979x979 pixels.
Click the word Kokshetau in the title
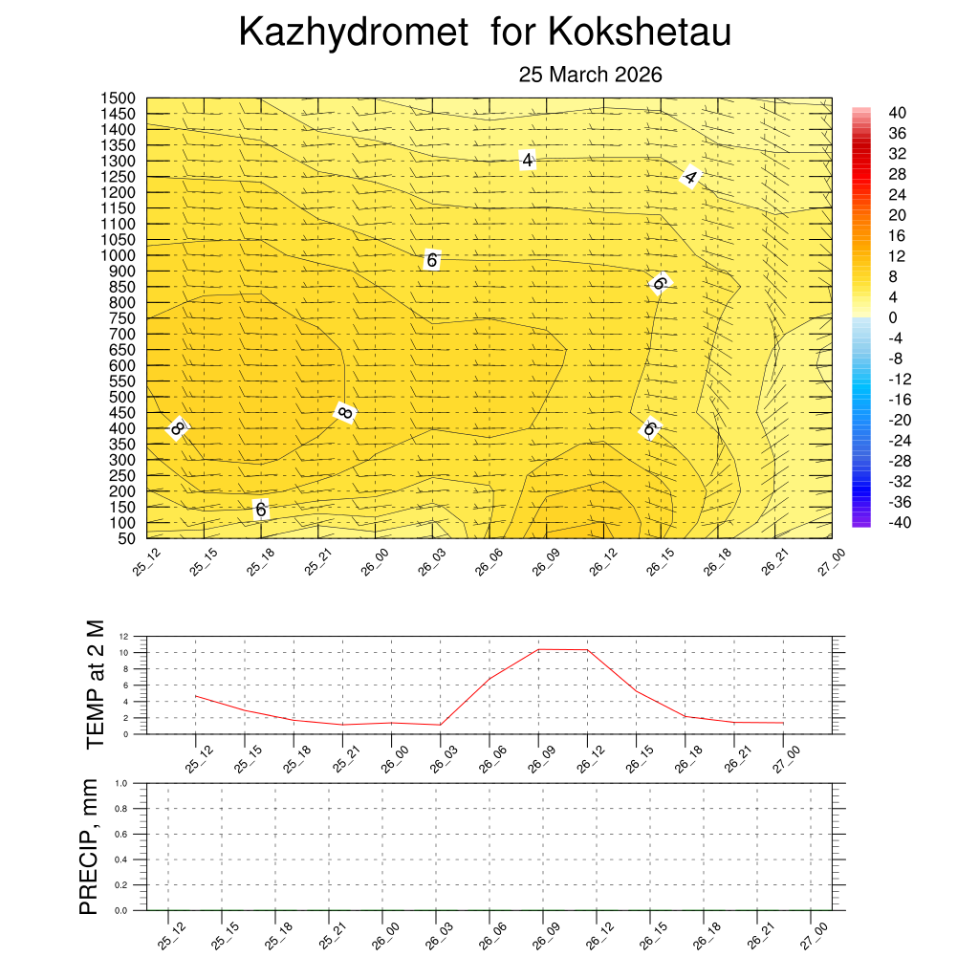click(x=640, y=33)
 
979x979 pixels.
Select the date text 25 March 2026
click(x=590, y=75)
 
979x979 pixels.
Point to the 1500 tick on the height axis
click(x=120, y=98)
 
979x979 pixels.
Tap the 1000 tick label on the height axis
click(x=120, y=255)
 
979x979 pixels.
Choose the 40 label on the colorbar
click(x=897, y=113)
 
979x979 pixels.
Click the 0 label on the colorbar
click(x=893, y=317)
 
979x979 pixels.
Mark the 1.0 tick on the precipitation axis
click(x=121, y=783)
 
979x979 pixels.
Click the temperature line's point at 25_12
click(x=195, y=696)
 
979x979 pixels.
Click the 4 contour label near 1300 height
click(x=527, y=161)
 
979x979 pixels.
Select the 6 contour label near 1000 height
click(x=431, y=260)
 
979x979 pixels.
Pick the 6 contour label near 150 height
click(x=260, y=510)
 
